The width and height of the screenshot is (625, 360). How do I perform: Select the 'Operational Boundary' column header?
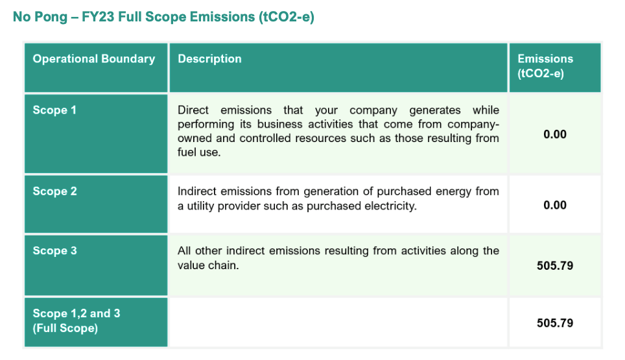coord(94,59)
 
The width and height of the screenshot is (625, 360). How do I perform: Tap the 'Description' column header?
coord(209,59)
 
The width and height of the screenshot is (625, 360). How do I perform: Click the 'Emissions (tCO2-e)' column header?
coord(545,66)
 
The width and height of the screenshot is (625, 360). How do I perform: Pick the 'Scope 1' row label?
coord(54,110)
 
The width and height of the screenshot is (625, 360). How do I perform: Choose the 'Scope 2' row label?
coord(54,191)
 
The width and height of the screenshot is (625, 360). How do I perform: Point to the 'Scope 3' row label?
coord(54,251)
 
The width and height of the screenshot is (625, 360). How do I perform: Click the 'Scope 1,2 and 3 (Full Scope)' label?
coord(77,320)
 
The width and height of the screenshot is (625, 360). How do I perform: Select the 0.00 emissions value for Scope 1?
coord(555,134)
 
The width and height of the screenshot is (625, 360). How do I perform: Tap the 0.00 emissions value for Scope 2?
coord(555,206)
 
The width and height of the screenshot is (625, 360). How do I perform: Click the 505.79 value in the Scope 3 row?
coord(555,266)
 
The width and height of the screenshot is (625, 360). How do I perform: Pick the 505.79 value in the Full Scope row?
coord(555,323)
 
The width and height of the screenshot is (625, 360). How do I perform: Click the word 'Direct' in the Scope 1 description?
coord(193,110)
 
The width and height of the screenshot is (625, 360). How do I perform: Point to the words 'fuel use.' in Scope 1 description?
coord(199,152)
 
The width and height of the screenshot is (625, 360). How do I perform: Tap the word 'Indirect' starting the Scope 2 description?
coord(197,191)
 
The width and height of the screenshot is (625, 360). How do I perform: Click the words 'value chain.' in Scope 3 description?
coord(208,265)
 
